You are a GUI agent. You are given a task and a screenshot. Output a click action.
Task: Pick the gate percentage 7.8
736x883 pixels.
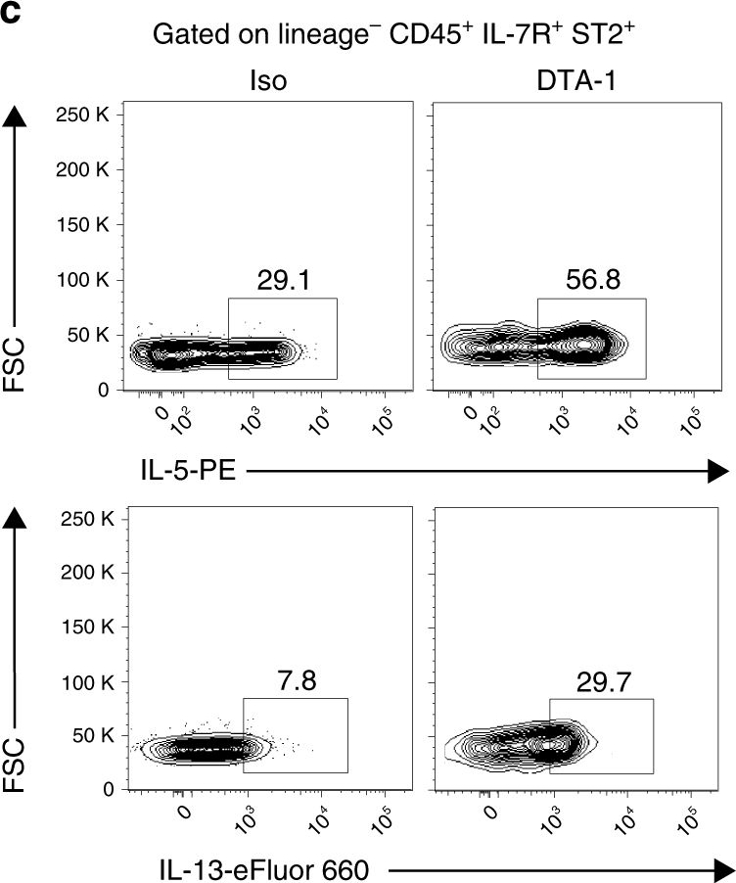click(x=294, y=679)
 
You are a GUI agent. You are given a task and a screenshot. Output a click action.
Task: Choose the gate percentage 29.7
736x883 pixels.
click(x=601, y=679)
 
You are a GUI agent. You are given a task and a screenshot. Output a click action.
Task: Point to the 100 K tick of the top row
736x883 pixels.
click(x=83, y=281)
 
